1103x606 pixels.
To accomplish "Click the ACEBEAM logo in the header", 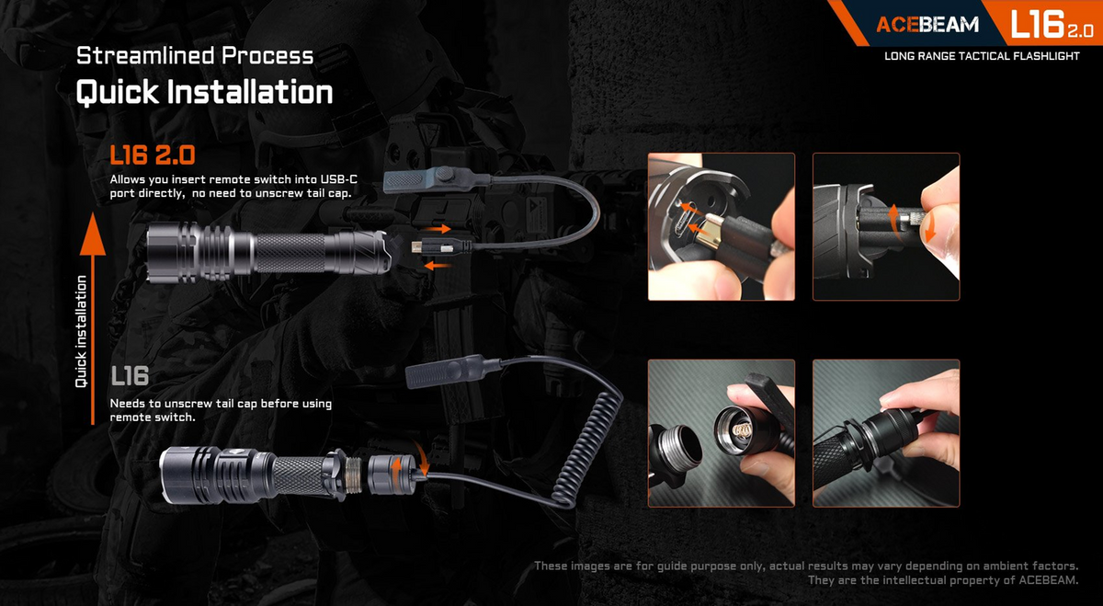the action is click(927, 24).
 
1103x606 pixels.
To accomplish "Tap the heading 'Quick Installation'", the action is click(204, 92).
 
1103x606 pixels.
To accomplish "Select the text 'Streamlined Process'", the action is click(195, 56).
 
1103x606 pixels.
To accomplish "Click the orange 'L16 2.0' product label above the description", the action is click(153, 155).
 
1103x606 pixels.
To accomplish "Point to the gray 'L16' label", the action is click(130, 376).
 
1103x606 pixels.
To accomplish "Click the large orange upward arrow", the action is click(93, 318).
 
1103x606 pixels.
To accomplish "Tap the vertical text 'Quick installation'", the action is click(81, 332).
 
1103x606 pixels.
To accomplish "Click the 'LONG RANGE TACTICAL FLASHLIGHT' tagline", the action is click(982, 56).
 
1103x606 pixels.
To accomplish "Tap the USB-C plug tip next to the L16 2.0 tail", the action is click(417, 246).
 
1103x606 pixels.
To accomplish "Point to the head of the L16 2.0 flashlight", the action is click(173, 252).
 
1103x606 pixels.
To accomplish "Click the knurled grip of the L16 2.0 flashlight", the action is click(290, 253).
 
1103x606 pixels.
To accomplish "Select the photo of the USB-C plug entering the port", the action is click(722, 226).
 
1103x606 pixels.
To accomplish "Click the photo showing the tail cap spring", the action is click(722, 433).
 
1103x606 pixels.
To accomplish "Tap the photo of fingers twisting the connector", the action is click(886, 226).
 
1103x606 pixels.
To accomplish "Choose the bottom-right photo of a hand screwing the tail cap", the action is click(886, 433).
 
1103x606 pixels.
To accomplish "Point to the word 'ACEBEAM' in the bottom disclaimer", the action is click(1048, 580).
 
